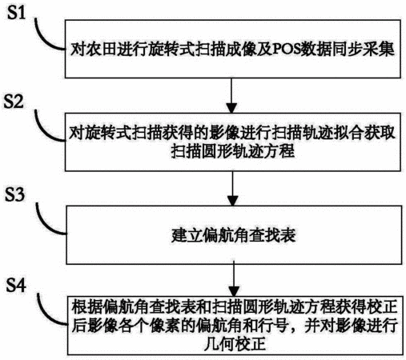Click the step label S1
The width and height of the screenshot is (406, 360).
(x=16, y=13)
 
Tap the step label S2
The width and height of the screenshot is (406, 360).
(x=14, y=102)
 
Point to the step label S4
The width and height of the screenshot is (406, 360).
(x=16, y=286)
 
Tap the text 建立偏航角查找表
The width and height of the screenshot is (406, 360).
(x=234, y=235)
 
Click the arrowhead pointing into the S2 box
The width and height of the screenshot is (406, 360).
(x=231, y=108)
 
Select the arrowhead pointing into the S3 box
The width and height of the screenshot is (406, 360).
(x=232, y=201)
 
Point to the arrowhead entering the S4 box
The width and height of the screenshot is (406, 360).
(x=234, y=291)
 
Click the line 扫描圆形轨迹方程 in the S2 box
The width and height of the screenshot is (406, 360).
(x=233, y=151)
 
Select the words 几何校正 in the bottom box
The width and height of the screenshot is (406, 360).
(x=235, y=344)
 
